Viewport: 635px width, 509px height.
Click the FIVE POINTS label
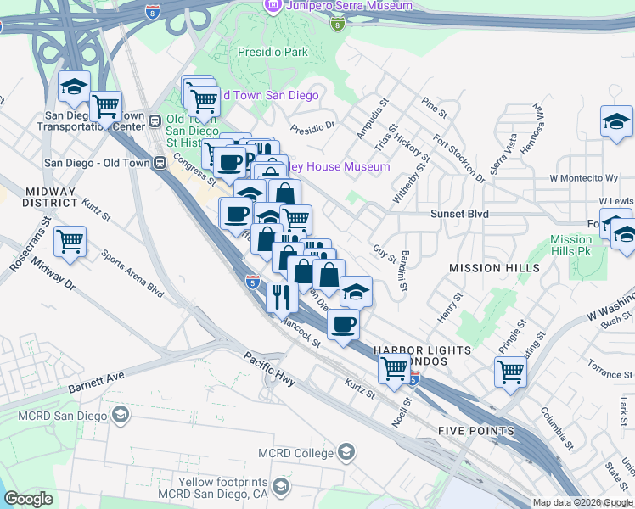tap(476, 431)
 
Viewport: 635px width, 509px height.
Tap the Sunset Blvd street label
tap(459, 215)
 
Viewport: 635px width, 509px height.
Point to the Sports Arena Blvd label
tap(132, 271)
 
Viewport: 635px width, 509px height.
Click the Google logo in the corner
tap(28, 499)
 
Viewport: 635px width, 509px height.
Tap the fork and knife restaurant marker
tap(281, 296)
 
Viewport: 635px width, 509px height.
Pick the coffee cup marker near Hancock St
tap(343, 323)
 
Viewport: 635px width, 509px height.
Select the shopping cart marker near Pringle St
tap(510, 371)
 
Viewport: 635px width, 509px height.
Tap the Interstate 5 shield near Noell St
tap(413, 379)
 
